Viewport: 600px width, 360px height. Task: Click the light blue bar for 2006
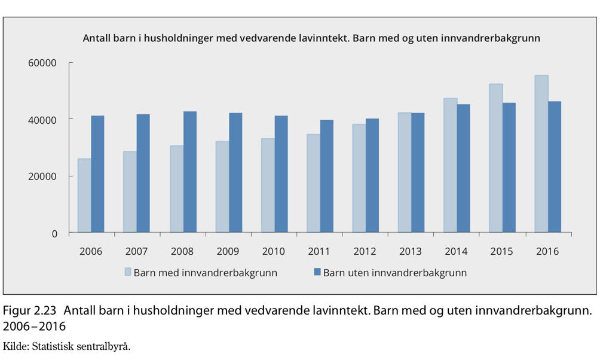click(x=84, y=196)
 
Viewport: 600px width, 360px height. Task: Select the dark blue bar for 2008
click(x=190, y=172)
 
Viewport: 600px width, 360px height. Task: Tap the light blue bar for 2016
click(x=541, y=154)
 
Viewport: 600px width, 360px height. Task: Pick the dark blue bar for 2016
click(x=555, y=167)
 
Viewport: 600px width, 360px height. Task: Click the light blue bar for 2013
click(x=405, y=172)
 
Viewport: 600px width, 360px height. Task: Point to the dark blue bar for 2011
click(x=327, y=176)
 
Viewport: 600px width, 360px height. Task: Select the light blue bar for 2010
click(x=268, y=185)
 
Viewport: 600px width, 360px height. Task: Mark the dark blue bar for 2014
click(x=463, y=169)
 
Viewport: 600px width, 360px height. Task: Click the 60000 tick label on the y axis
click(x=42, y=63)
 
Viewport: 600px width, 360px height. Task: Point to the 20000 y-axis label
click(x=42, y=176)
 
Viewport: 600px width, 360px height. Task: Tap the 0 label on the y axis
click(x=54, y=234)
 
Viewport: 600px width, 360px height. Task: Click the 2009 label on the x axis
click(x=228, y=251)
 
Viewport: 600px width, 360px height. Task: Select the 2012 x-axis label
click(x=365, y=251)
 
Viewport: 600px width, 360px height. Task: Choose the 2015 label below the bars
click(x=501, y=251)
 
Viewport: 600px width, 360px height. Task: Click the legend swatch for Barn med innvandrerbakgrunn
click(x=128, y=272)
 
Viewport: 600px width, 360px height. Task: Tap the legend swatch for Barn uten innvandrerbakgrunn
click(x=317, y=272)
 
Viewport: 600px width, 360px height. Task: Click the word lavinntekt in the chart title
click(x=326, y=38)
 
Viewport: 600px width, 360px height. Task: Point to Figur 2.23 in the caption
click(x=29, y=310)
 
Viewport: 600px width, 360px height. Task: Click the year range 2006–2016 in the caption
click(x=35, y=327)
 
